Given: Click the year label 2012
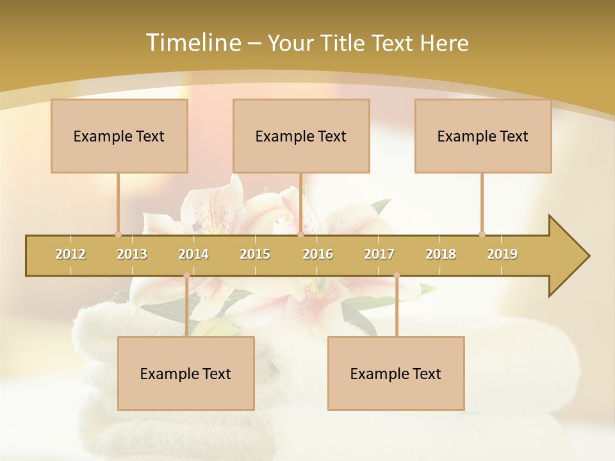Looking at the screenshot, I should (70, 254).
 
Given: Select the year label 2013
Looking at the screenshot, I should (132, 254).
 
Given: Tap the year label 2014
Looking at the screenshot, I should (193, 254).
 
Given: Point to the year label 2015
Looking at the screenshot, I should (255, 254).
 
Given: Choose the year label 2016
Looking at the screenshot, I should (318, 254).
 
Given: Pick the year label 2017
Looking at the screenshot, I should (379, 254).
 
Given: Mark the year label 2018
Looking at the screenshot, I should (441, 254).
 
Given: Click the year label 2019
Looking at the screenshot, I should (502, 254).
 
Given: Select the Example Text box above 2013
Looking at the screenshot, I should (119, 136).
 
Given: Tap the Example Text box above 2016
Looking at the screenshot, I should (301, 136).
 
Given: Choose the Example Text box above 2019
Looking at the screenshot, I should (483, 136).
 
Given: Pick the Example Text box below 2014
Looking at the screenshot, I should (186, 373).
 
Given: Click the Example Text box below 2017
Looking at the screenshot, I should (396, 373).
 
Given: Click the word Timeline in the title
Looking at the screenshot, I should (192, 43).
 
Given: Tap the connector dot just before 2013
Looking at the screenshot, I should (118, 234).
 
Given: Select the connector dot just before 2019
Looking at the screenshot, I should (482, 234).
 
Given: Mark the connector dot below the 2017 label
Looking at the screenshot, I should (397, 275).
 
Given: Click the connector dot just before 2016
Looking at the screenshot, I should (300, 234).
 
